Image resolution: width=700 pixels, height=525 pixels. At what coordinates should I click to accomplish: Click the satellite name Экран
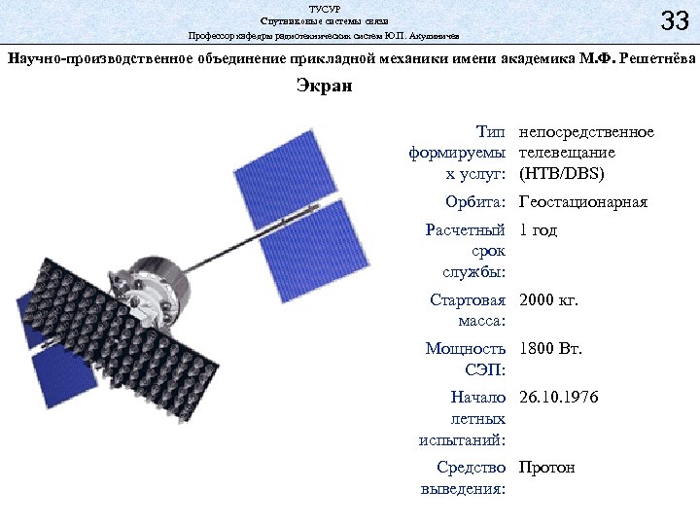325,87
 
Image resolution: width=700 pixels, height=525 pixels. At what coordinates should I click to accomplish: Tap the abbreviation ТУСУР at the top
325,8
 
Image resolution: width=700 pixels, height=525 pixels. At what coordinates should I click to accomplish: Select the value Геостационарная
583,203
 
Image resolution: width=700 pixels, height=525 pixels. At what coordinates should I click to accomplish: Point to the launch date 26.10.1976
559,398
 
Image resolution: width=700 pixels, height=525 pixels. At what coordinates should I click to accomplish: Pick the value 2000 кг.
549,300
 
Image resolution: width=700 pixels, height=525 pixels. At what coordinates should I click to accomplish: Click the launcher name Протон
547,468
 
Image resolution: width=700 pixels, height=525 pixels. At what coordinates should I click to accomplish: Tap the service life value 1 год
539,230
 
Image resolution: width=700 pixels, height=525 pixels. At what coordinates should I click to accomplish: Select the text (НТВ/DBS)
562,174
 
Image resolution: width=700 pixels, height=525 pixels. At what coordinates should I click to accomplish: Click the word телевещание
567,153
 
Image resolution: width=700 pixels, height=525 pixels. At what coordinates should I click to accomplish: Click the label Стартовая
468,300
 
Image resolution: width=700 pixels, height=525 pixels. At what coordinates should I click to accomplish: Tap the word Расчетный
466,230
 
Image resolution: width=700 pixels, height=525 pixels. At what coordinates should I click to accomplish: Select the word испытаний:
463,439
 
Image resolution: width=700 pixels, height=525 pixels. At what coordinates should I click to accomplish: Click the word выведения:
463,489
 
